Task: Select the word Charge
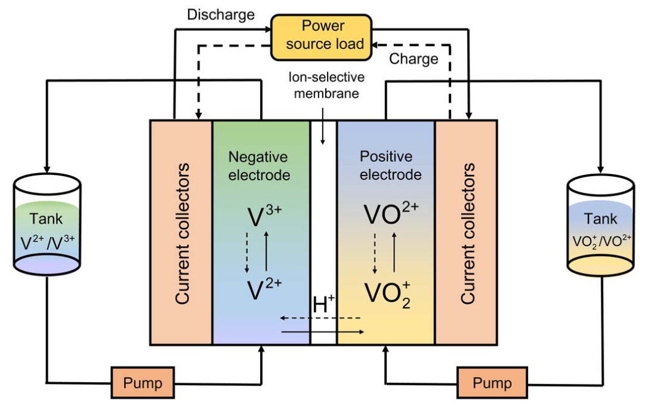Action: [414, 59]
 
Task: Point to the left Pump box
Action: [142, 382]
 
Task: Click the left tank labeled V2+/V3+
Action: [47, 230]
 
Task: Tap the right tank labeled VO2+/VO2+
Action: [600, 230]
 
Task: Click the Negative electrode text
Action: [258, 166]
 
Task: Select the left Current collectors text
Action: [181, 233]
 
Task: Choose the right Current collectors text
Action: [467, 233]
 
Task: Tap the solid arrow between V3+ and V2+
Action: [266, 251]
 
